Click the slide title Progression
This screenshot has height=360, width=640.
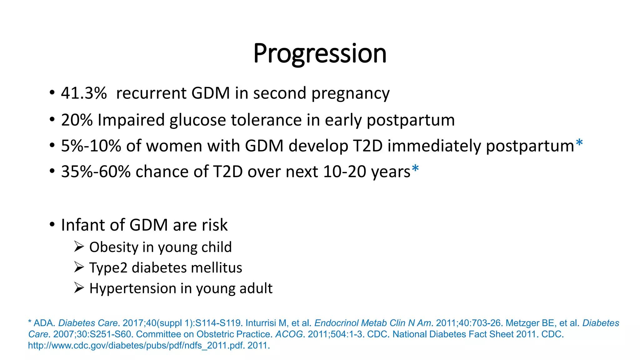coord(320,54)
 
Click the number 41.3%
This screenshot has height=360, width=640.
coord(84,93)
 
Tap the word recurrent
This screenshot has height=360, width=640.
coord(151,93)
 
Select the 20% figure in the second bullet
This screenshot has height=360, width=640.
coord(77,120)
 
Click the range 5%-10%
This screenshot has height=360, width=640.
coord(91,146)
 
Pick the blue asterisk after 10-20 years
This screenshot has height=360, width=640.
coord(415,169)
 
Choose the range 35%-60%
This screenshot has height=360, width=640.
coord(96,172)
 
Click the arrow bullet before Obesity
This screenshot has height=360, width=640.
coord(79,247)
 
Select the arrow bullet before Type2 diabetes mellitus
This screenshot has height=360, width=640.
coord(79,267)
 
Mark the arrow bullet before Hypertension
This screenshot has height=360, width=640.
coord(79,288)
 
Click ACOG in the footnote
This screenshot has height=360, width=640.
coord(289,334)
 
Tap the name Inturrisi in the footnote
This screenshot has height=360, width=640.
coord(261,323)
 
